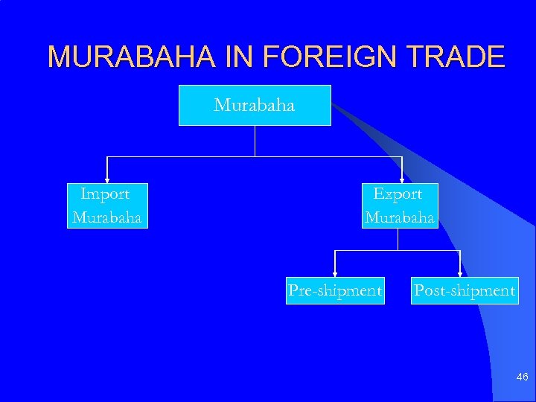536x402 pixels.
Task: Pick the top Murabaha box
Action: click(x=255, y=105)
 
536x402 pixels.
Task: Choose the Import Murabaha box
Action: click(x=107, y=205)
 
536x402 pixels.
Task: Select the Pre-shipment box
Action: click(x=335, y=290)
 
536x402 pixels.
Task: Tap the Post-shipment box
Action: click(x=464, y=290)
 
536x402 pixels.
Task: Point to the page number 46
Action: click(x=522, y=378)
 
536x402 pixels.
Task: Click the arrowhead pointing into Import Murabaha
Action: click(x=108, y=179)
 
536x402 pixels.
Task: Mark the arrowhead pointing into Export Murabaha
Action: click(x=402, y=179)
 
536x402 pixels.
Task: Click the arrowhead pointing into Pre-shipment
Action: click(x=335, y=274)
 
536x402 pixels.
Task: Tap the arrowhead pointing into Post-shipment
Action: click(x=460, y=274)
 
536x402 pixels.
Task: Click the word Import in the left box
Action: click(x=105, y=194)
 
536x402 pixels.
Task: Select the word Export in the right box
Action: click(x=398, y=194)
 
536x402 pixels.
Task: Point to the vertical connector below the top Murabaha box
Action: click(x=255, y=141)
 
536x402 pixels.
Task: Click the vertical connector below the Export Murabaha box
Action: click(x=398, y=239)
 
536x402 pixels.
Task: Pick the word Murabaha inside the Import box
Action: click(x=107, y=217)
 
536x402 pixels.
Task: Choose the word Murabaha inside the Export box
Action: click(x=399, y=217)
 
